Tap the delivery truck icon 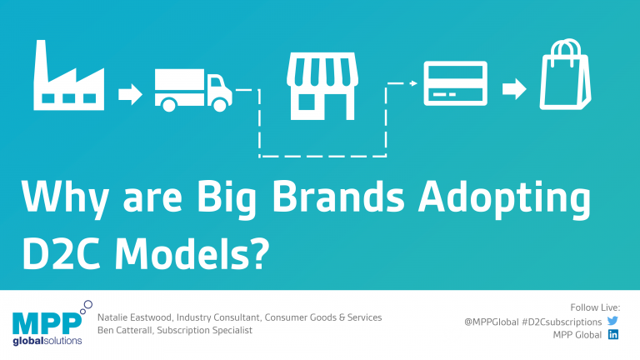tap(193, 90)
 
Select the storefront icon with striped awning tap(322, 86)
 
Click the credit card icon tap(456, 83)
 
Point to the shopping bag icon tap(565, 75)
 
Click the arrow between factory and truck tap(130, 94)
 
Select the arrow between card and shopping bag tap(514, 88)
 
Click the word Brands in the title tap(338, 197)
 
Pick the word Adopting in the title tap(504, 198)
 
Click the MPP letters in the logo tap(47, 324)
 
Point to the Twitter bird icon tap(612, 321)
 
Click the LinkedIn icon tap(613, 334)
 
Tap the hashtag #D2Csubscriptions tap(562, 322)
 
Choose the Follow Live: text tap(595, 307)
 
